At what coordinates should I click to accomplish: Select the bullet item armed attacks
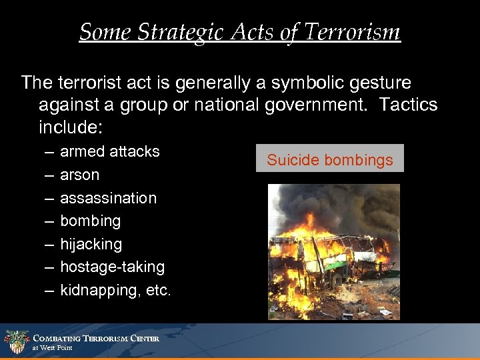(110, 151)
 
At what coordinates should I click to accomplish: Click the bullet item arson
(79, 175)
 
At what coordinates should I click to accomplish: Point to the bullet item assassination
(108, 198)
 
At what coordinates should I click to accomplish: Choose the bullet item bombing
(90, 221)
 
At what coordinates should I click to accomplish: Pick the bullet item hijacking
(91, 244)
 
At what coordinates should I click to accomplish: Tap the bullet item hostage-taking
(112, 267)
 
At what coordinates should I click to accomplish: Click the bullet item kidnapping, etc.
(115, 290)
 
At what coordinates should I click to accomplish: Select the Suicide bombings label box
(330, 159)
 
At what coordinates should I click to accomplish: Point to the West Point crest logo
(16, 341)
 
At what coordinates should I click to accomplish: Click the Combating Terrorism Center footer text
(96, 338)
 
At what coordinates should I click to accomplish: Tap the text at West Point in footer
(53, 348)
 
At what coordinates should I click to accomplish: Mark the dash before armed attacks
(51, 152)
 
